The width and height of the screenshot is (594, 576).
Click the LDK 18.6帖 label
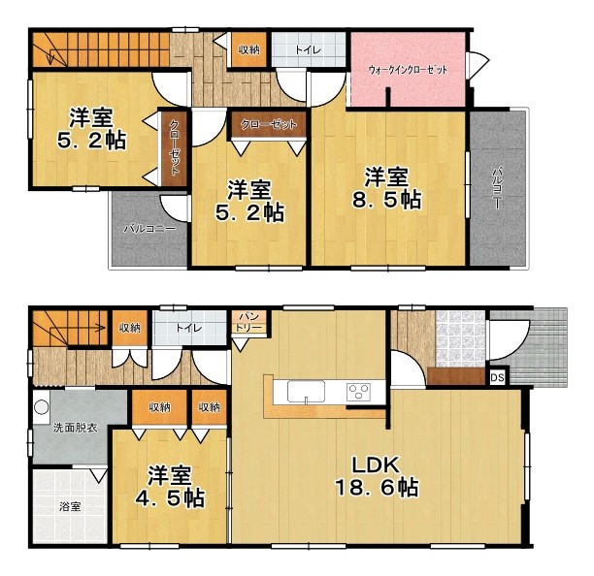[x=377, y=476]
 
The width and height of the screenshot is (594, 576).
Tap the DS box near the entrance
[x=497, y=377]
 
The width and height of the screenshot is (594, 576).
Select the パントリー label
[x=248, y=322]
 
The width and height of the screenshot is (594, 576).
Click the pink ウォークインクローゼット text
[x=408, y=70]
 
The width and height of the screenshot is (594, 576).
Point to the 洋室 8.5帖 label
[x=386, y=188]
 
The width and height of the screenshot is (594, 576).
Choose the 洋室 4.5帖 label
[x=170, y=487]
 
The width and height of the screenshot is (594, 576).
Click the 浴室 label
[x=70, y=506]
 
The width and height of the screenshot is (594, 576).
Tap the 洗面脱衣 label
[x=76, y=428]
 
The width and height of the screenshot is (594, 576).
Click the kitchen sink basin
[x=306, y=392]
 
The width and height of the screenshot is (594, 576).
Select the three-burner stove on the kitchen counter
[x=358, y=391]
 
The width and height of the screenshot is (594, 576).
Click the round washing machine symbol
[x=42, y=407]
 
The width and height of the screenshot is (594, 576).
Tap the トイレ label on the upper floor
[x=309, y=50]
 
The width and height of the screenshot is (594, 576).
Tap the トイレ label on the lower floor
[x=188, y=328]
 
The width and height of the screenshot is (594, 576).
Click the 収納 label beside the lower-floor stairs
[x=130, y=328]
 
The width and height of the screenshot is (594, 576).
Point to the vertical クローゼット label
[x=175, y=147]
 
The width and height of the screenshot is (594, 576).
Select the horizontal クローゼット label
[x=269, y=124]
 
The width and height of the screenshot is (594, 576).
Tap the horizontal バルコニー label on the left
[x=150, y=229]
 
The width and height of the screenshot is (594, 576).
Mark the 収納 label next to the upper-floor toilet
[x=248, y=49]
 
